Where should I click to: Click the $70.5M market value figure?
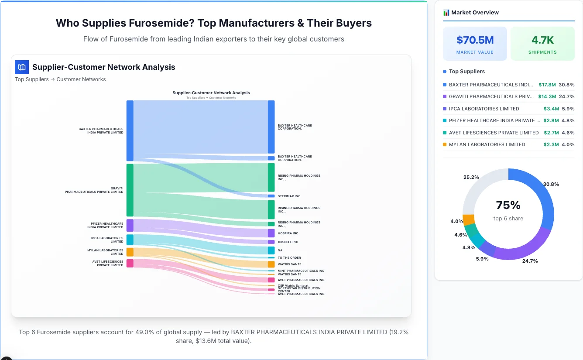pos(475,40)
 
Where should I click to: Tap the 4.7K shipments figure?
pos(542,40)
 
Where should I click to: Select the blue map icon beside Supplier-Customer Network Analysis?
pos(22,67)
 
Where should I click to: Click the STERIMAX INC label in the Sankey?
pos(289,196)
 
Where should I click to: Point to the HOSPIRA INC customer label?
pos(288,233)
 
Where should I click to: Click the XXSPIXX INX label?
pos(288,242)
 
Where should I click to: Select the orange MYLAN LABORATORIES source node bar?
pos(130,252)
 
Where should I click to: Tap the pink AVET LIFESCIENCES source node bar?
pos(130,264)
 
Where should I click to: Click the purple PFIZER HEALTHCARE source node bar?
pos(130,226)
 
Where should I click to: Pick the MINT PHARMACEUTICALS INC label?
pos(301,271)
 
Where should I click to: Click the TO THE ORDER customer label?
pos(289,258)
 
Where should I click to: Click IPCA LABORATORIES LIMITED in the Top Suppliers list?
pos(484,109)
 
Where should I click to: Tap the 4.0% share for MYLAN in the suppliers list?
pos(568,144)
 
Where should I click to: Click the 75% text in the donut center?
pos(508,205)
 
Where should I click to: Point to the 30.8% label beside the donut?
pos(551,184)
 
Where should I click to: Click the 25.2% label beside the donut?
pos(471,178)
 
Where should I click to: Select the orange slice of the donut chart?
pos(468,219)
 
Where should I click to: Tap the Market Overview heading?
pos(475,13)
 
